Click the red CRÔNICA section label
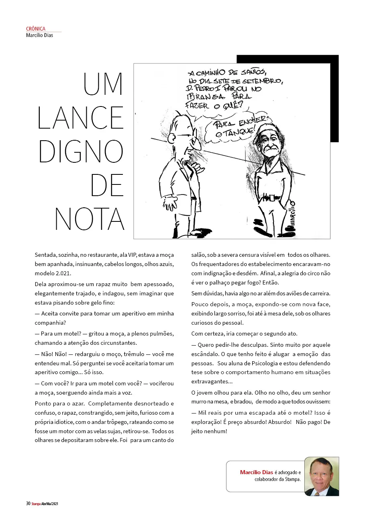pos(36,29)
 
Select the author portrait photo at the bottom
pos(322,476)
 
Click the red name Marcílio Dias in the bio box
pos(257,472)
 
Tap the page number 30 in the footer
pos(28,504)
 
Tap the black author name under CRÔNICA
pos(39,35)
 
